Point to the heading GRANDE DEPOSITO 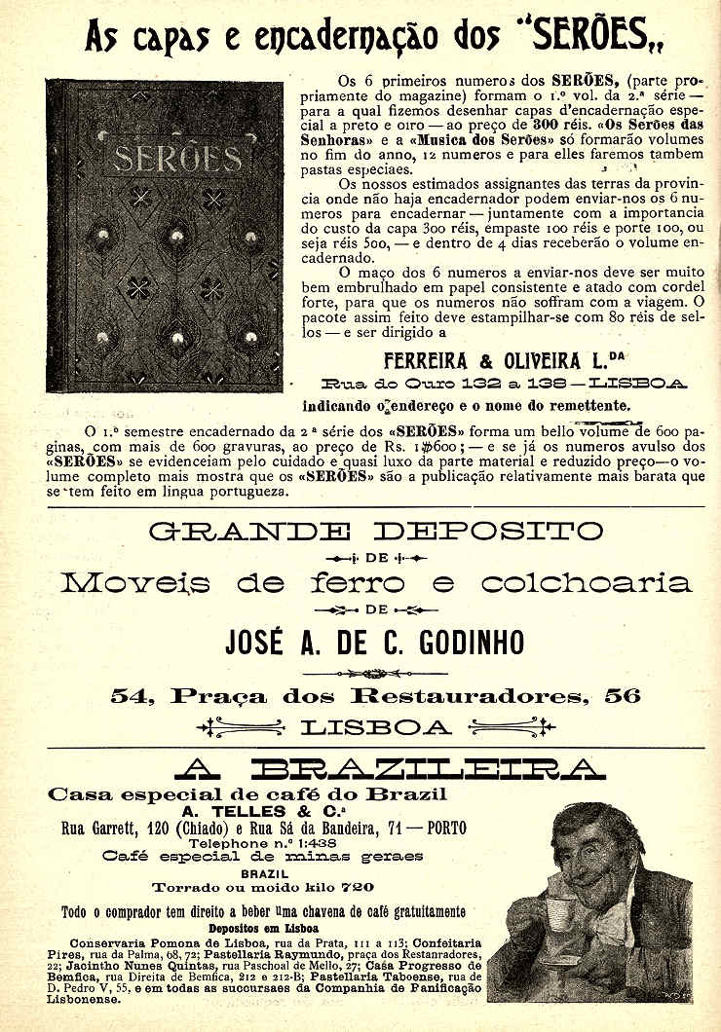(375, 532)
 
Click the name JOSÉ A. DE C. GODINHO (375, 643)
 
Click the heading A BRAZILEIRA (375, 769)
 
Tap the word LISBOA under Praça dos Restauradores (376, 726)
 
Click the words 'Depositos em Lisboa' (257, 928)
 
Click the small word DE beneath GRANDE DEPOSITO (376, 558)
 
